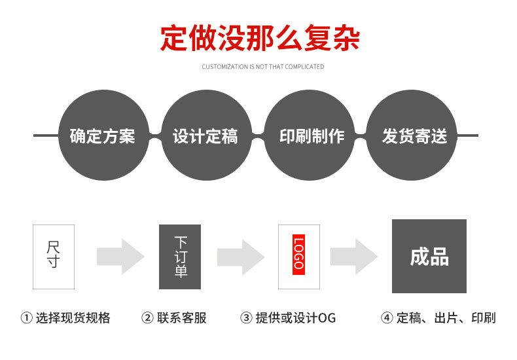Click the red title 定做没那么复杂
click(260, 39)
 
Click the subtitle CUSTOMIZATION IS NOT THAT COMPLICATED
click(262, 67)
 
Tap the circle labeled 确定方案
click(103, 135)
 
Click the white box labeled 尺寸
click(54, 257)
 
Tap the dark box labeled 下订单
click(180, 257)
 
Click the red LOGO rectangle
click(298, 254)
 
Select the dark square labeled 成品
click(429, 256)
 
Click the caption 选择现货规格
click(73, 318)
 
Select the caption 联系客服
click(182, 318)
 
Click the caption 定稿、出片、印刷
click(446, 318)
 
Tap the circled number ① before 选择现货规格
click(27, 318)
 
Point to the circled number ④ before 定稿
click(387, 318)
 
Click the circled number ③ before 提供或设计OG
click(246, 318)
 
